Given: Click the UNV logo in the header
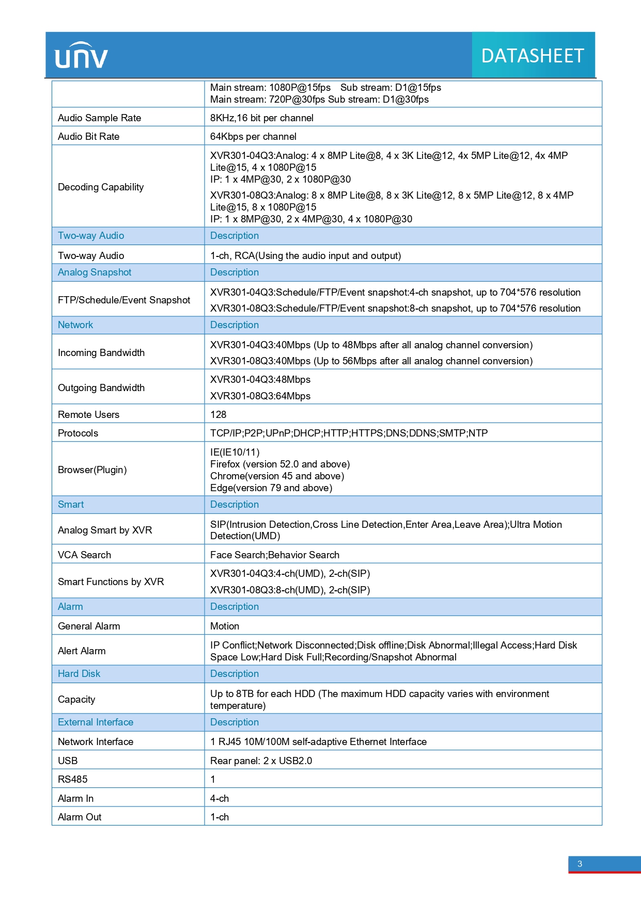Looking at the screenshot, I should [x=81, y=56].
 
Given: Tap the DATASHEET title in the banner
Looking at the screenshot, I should [x=533, y=56].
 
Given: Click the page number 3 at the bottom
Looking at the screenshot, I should [x=580, y=864].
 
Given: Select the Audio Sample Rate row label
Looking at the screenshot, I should [x=99, y=118].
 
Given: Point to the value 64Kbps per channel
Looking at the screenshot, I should [x=253, y=136].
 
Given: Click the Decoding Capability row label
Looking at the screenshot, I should [x=101, y=187].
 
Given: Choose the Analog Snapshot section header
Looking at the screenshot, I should [x=95, y=272].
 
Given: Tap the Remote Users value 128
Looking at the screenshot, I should [x=218, y=414].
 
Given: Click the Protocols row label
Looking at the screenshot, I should [x=78, y=433].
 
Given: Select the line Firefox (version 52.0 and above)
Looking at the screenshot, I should [x=280, y=464].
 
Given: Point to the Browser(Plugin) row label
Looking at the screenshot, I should [x=92, y=470].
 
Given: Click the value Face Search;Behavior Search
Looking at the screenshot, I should [x=275, y=555].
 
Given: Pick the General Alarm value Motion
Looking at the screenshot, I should [x=225, y=626].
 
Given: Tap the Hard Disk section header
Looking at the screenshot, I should [x=79, y=673].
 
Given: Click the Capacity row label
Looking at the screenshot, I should [x=76, y=699].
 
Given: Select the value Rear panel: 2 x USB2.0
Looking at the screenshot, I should [x=261, y=761].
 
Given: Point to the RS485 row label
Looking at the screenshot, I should [x=73, y=779].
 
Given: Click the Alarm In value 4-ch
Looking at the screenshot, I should [x=220, y=798].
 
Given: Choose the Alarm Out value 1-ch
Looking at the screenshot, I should [x=220, y=817].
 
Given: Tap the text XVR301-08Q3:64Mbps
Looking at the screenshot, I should [x=260, y=396].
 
